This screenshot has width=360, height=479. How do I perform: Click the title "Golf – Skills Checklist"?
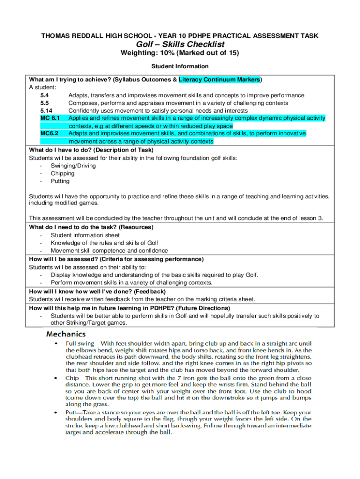pyautogui.click(x=180, y=44)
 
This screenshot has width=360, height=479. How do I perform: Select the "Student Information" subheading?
pyautogui.click(x=180, y=66)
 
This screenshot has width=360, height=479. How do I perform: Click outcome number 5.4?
pyautogui.click(x=45, y=95)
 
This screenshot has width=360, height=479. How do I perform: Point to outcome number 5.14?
pyautogui.click(x=46, y=111)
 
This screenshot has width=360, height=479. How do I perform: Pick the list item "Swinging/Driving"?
pyautogui.click(x=73, y=166)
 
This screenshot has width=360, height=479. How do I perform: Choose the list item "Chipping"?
pyautogui.click(x=63, y=174)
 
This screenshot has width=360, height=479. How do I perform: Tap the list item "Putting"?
pyautogui.click(x=60, y=181)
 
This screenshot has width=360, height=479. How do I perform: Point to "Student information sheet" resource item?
pyautogui.click(x=85, y=235)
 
